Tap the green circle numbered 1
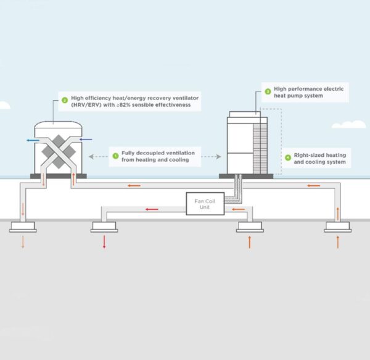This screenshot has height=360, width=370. [x=115, y=156]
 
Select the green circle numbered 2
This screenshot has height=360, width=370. [x=64, y=99]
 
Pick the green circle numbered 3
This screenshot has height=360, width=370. [x=268, y=91]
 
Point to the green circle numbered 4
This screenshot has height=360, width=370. [x=287, y=157]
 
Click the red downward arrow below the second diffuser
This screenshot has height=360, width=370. [x=104, y=242]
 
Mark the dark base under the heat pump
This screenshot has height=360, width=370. [x=246, y=176]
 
